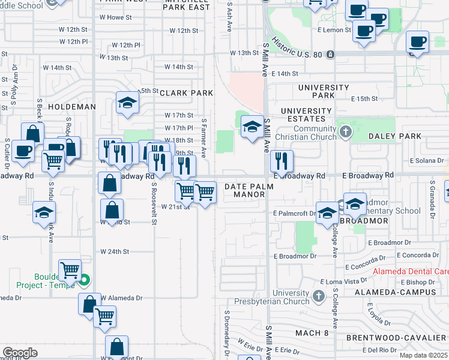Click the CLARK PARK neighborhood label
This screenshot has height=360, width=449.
pyautogui.click(x=186, y=93)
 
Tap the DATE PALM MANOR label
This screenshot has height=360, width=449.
pyautogui.click(x=249, y=191)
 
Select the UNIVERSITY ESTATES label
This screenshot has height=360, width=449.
pyautogui.click(x=306, y=115)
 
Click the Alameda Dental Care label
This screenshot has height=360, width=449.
pyautogui.click(x=411, y=271)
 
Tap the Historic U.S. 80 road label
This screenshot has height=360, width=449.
pyautogui.click(x=299, y=49)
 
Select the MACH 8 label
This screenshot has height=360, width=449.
pyautogui.click(x=312, y=332)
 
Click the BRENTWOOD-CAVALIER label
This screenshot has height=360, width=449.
pyautogui.click(x=397, y=338)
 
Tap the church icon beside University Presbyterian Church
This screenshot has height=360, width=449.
pyautogui.click(x=319, y=296)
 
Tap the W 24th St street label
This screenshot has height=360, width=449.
pyautogui.click(x=115, y=251)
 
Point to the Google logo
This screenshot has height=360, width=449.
pyautogui.click(x=20, y=352)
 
